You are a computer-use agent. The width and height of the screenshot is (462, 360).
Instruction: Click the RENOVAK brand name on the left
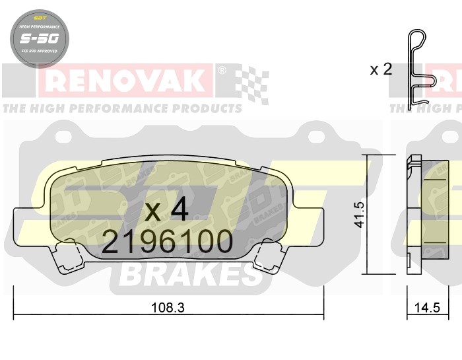click(125, 81)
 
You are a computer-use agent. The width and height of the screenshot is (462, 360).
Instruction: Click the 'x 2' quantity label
click(381, 69)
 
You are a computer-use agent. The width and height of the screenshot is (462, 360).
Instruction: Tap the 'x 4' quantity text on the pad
click(166, 211)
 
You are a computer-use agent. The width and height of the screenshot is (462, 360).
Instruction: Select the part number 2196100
click(167, 243)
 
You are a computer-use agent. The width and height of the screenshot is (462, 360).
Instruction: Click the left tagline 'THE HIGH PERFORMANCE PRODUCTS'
click(121, 107)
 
